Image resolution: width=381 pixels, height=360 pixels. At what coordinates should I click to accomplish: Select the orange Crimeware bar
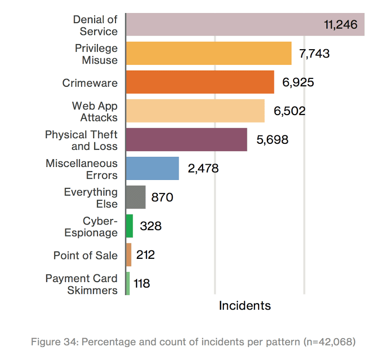tap(200, 82)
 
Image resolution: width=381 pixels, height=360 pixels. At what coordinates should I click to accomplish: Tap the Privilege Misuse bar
tap(209, 53)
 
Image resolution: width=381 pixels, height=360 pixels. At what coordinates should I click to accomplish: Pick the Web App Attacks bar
tap(195, 111)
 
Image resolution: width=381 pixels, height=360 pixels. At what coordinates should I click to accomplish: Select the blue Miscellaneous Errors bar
tap(153, 168)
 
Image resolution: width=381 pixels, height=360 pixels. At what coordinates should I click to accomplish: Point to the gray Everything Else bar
tap(136, 197)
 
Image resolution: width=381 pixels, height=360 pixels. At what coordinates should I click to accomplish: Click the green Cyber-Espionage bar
tap(129, 226)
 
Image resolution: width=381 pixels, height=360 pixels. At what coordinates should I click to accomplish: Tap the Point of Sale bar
tap(129, 255)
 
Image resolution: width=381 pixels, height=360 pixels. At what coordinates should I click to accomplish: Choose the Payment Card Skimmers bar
tap(128, 283)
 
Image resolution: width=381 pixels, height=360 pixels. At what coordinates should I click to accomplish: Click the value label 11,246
tap(341, 25)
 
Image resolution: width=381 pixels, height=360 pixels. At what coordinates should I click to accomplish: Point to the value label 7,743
tap(314, 53)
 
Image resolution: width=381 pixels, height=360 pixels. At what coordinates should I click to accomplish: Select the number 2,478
tap(203, 168)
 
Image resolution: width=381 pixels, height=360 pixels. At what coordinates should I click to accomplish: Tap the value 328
tap(150, 226)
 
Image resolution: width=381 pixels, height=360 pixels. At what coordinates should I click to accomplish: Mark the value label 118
tap(142, 283)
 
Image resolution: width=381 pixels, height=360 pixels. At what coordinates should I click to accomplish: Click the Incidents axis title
tap(245, 305)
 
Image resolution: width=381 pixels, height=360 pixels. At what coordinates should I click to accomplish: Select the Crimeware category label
tap(90, 83)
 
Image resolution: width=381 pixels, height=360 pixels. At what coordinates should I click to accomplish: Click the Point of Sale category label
tap(85, 255)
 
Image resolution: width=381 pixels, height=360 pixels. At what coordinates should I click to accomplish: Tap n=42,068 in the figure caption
tap(329, 342)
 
